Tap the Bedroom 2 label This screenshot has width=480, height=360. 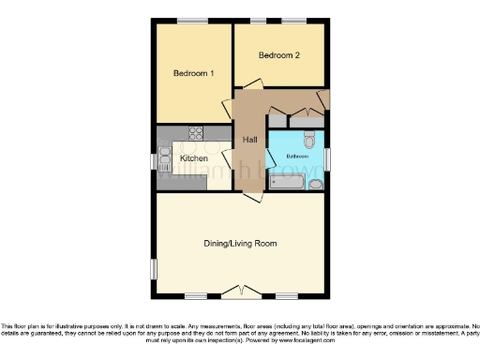click(x=279, y=55)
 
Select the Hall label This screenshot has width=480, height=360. click(x=249, y=140)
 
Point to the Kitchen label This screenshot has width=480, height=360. click(x=193, y=158)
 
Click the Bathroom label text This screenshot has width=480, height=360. click(x=297, y=156)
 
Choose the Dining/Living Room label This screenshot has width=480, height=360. click(x=240, y=244)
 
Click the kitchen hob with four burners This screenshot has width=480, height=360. click(x=197, y=133)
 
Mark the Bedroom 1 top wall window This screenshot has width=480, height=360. click(x=192, y=22)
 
